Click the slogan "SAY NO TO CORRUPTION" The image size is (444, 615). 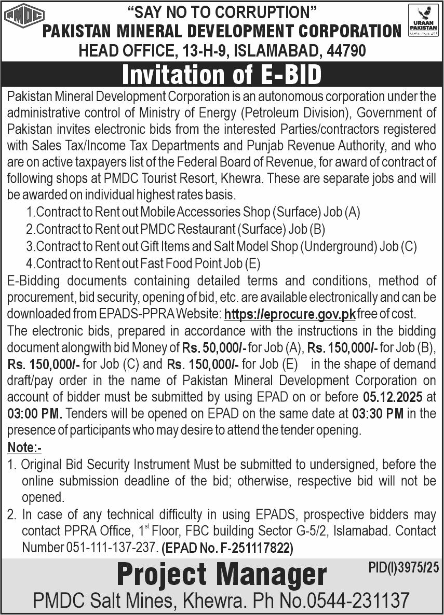pos(222,11)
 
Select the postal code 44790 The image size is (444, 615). pos(345,50)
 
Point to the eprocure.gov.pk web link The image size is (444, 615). pos(290,314)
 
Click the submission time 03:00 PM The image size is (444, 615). pos(34,414)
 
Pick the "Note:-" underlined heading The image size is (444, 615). pos(24,447)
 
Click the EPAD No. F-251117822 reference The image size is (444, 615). pos(227,548)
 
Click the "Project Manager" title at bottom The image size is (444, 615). pos(222,575)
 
